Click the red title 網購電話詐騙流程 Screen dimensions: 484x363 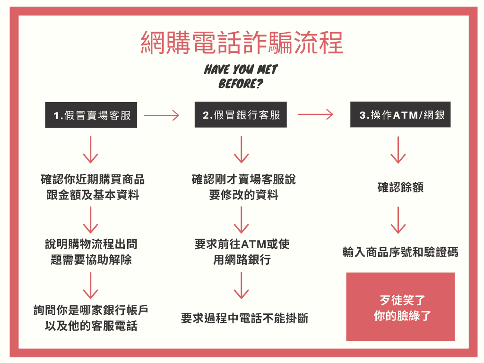click(x=242, y=43)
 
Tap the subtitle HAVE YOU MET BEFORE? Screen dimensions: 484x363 click(x=241, y=77)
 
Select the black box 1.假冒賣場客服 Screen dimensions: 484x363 click(x=91, y=115)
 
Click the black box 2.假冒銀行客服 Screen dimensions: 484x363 click(x=241, y=114)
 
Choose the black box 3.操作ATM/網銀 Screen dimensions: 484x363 click(x=400, y=114)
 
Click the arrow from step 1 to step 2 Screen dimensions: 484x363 click(x=162, y=115)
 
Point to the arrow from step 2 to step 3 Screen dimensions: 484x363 click(x=315, y=114)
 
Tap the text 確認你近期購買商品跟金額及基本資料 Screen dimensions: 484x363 click(x=93, y=187)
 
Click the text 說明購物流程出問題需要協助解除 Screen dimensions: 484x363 click(x=91, y=252)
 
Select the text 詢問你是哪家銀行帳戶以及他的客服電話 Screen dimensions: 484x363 click(x=91, y=318)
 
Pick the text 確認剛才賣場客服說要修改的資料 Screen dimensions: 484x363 click(x=243, y=187)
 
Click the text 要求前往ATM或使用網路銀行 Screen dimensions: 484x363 click(x=242, y=252)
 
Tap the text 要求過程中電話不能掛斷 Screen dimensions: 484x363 click(x=245, y=318)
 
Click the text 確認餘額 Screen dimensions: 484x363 click(x=400, y=187)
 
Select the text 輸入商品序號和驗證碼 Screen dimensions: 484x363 click(x=400, y=252)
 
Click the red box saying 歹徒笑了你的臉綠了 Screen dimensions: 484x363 click(x=400, y=306)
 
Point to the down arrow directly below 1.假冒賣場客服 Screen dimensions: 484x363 click(x=91, y=150)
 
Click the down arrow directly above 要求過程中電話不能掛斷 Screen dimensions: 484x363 click(x=242, y=285)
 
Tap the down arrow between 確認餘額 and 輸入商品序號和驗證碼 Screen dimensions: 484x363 click(x=398, y=220)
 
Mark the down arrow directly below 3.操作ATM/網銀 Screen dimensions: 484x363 click(x=398, y=150)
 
